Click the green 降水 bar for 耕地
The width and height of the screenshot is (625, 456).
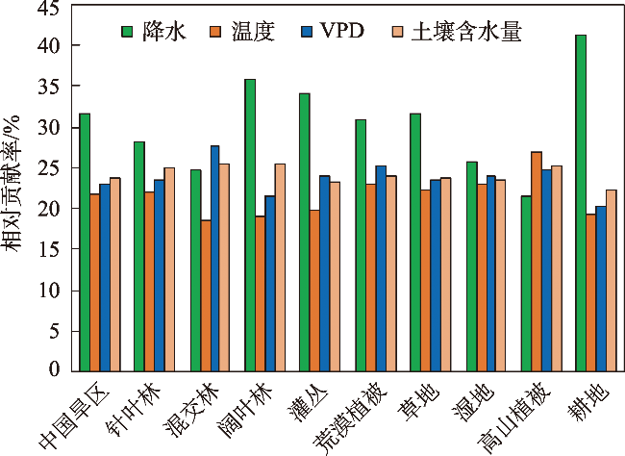[580, 202]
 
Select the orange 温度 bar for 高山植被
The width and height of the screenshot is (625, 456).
[536, 261]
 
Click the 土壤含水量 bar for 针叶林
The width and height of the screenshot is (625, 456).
[169, 269]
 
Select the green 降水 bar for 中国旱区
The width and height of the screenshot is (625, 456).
[85, 241]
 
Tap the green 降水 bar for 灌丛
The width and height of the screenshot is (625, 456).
[305, 231]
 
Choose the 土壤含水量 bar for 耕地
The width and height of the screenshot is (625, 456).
[611, 280]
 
